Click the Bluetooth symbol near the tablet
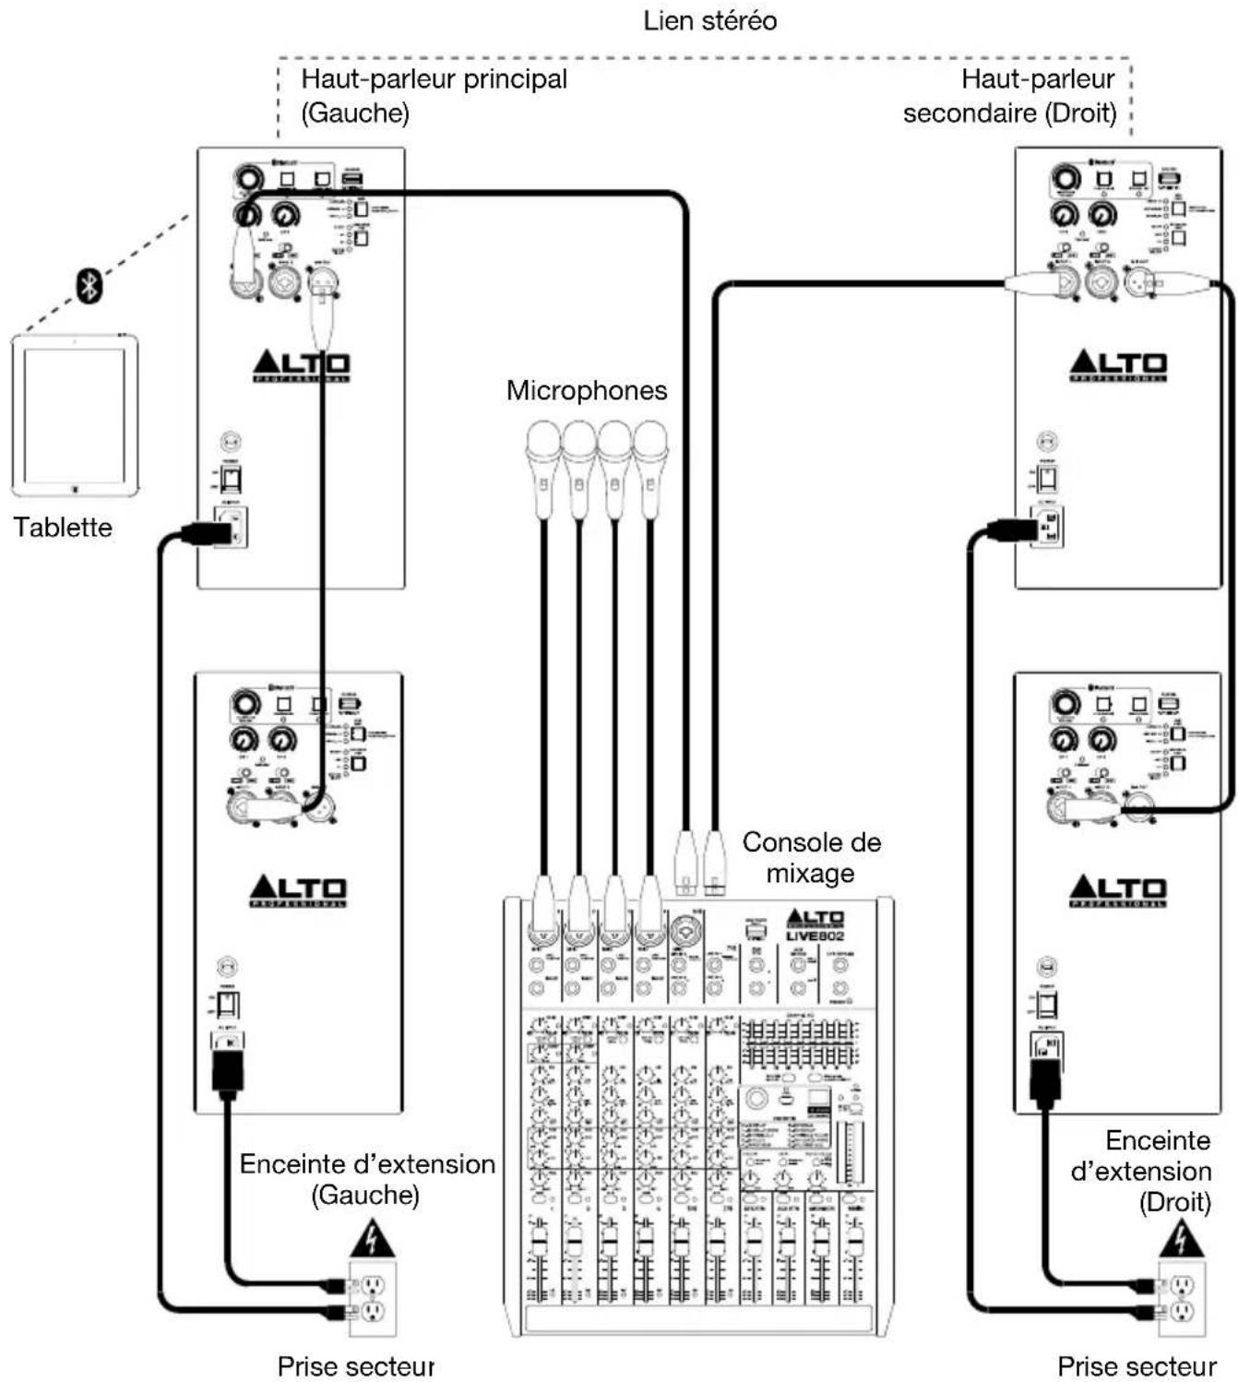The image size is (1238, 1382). coord(89,285)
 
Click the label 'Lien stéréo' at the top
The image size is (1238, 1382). coord(709,20)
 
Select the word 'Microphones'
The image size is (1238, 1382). coord(587,390)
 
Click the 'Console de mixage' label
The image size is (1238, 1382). coord(811,857)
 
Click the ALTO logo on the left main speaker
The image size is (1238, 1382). coord(301,366)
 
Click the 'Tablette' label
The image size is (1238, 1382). coord(63,528)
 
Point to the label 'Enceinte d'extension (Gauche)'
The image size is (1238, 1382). coord(367,1179)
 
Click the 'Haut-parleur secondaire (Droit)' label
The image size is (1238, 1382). coord(1010,96)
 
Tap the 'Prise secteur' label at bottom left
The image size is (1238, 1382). coord(355,1365)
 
